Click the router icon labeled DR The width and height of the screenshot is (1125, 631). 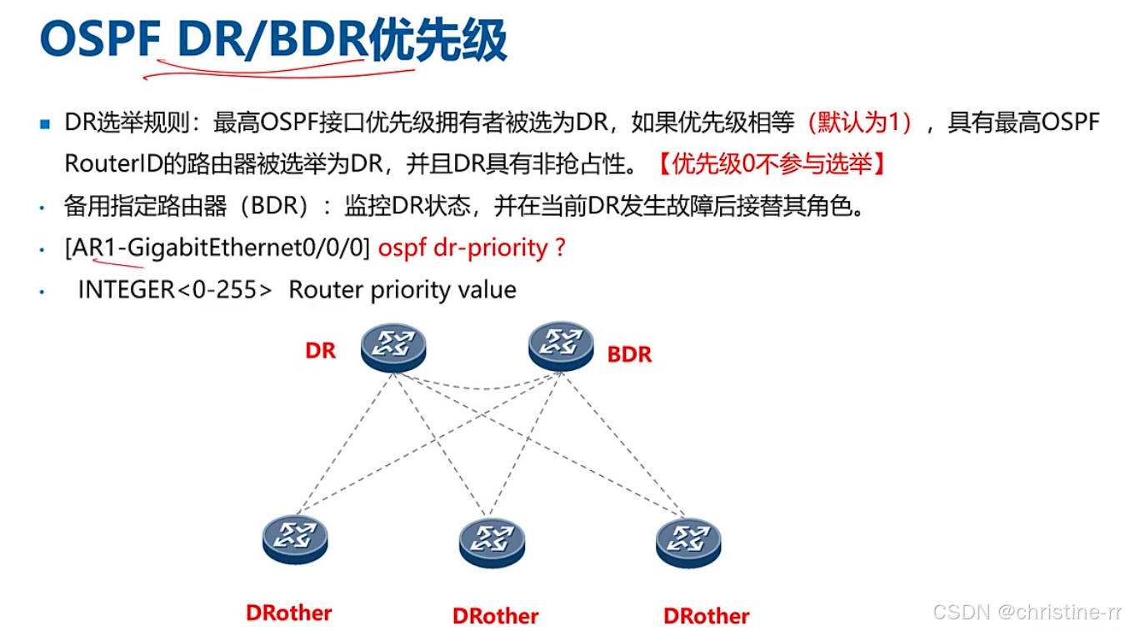pyautogui.click(x=393, y=348)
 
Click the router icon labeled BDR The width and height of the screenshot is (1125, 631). pyautogui.click(x=561, y=348)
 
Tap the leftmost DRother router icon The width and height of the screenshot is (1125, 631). pyautogui.click(x=295, y=538)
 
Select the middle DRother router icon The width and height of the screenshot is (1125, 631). pyautogui.click(x=492, y=543)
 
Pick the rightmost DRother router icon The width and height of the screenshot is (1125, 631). pyautogui.click(x=688, y=543)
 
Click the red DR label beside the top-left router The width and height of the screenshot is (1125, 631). pyautogui.click(x=320, y=351)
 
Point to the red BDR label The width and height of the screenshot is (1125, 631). pyautogui.click(x=629, y=354)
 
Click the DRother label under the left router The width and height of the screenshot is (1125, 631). pyautogui.click(x=289, y=613)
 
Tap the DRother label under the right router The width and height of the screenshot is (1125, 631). pyautogui.click(x=707, y=616)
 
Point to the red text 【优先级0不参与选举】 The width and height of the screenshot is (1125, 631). pyautogui.click(x=772, y=163)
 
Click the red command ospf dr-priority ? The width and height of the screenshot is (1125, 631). pyautogui.click(x=472, y=248)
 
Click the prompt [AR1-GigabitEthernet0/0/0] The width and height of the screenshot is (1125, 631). pyautogui.click(x=217, y=248)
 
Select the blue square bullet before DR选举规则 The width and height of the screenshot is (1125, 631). pyautogui.click(x=45, y=124)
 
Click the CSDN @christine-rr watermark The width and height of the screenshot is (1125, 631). pyautogui.click(x=1027, y=613)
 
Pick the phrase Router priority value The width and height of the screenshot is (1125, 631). pyautogui.click(x=402, y=289)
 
